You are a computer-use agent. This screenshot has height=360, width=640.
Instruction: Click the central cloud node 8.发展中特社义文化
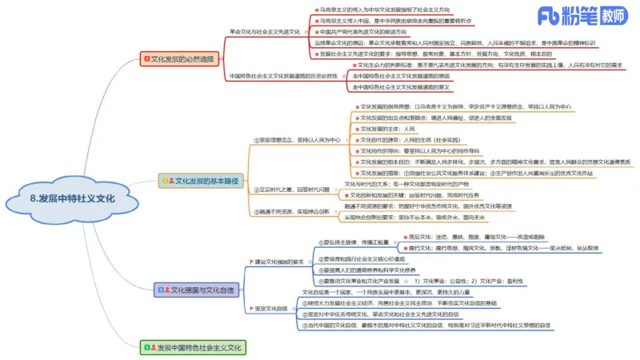click(71, 198)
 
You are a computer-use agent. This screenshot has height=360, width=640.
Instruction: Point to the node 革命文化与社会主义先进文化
click(264, 30)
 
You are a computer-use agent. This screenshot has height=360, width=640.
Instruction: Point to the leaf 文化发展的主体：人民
click(388, 128)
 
